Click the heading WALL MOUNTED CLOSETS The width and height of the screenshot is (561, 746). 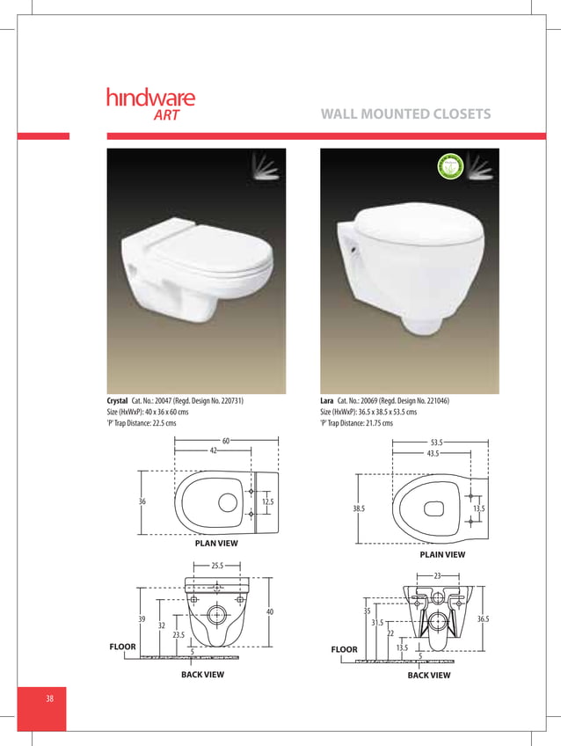(x=405, y=114)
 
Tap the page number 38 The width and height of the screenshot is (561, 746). (x=50, y=698)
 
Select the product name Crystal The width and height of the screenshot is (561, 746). (x=117, y=401)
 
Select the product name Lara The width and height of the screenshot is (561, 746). (x=327, y=401)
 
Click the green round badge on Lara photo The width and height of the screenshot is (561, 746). (x=450, y=165)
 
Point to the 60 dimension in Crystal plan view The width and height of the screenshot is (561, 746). (x=226, y=440)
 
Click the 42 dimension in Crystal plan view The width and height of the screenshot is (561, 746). (x=214, y=450)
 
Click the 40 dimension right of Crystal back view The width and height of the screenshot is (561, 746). (x=269, y=611)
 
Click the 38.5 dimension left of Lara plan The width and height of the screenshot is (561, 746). (x=359, y=508)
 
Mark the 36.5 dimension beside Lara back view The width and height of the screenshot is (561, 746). (x=483, y=619)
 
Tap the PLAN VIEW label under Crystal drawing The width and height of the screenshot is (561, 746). (x=216, y=544)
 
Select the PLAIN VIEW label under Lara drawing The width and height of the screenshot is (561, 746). (x=442, y=555)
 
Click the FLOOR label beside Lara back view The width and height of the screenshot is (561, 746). (x=345, y=649)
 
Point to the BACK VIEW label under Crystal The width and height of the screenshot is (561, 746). (x=202, y=675)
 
